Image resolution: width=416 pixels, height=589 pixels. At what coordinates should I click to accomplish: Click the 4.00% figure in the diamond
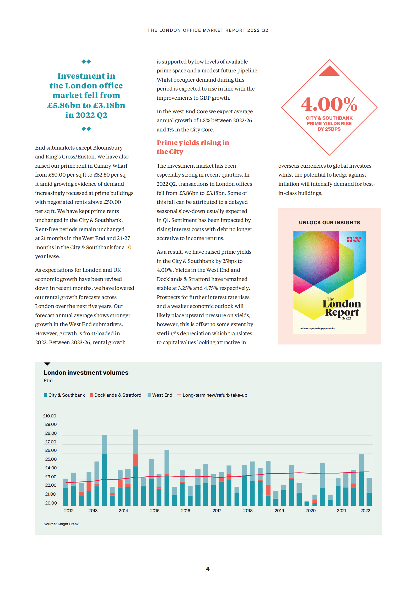click(329, 104)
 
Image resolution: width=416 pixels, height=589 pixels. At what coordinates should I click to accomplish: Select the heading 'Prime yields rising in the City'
click(193, 147)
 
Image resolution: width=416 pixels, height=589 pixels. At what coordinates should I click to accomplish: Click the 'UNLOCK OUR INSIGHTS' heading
click(329, 222)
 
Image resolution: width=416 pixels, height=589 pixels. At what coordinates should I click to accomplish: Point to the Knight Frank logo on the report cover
click(354, 239)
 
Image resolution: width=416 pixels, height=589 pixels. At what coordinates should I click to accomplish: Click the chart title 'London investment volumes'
click(86, 373)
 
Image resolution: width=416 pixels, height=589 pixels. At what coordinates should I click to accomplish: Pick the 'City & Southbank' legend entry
click(64, 395)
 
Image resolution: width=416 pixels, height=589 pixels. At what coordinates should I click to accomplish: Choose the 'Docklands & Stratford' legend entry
click(116, 395)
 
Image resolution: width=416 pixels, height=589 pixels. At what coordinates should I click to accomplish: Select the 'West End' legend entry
click(160, 395)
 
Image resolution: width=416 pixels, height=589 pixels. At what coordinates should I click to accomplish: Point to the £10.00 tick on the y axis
click(50, 416)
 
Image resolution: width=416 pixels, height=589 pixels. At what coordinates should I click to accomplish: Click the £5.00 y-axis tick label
click(51, 459)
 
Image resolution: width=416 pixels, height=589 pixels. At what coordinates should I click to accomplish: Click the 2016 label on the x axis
click(186, 511)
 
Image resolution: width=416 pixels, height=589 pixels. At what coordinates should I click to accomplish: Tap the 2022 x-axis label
click(365, 511)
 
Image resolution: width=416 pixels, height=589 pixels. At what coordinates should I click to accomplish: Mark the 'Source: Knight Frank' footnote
click(61, 524)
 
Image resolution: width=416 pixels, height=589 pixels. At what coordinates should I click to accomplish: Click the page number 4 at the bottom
click(208, 569)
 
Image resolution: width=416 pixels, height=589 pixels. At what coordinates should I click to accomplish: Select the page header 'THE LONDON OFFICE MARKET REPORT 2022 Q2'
click(208, 30)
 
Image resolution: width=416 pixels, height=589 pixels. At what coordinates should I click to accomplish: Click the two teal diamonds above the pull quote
click(86, 62)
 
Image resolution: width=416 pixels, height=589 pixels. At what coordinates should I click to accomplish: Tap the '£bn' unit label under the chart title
click(48, 380)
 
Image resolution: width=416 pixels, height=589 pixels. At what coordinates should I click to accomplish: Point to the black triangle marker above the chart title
click(47, 364)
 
